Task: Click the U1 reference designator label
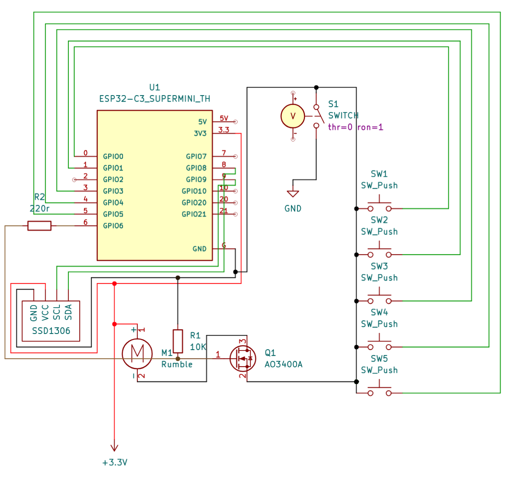154,88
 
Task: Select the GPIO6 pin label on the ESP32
113,226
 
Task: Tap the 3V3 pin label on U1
200,133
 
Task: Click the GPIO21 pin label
194,214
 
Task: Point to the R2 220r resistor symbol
39,226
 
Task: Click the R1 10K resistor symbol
178,341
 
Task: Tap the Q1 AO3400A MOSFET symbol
243,358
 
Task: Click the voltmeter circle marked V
293,116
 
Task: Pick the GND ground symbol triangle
293,194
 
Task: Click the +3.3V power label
115,462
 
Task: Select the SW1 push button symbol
379,206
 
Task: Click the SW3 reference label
379,266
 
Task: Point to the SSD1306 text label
51,331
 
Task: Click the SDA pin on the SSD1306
68,312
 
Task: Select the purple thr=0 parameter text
340,127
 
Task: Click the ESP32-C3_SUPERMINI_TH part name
154,99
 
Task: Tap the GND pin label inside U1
199,249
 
